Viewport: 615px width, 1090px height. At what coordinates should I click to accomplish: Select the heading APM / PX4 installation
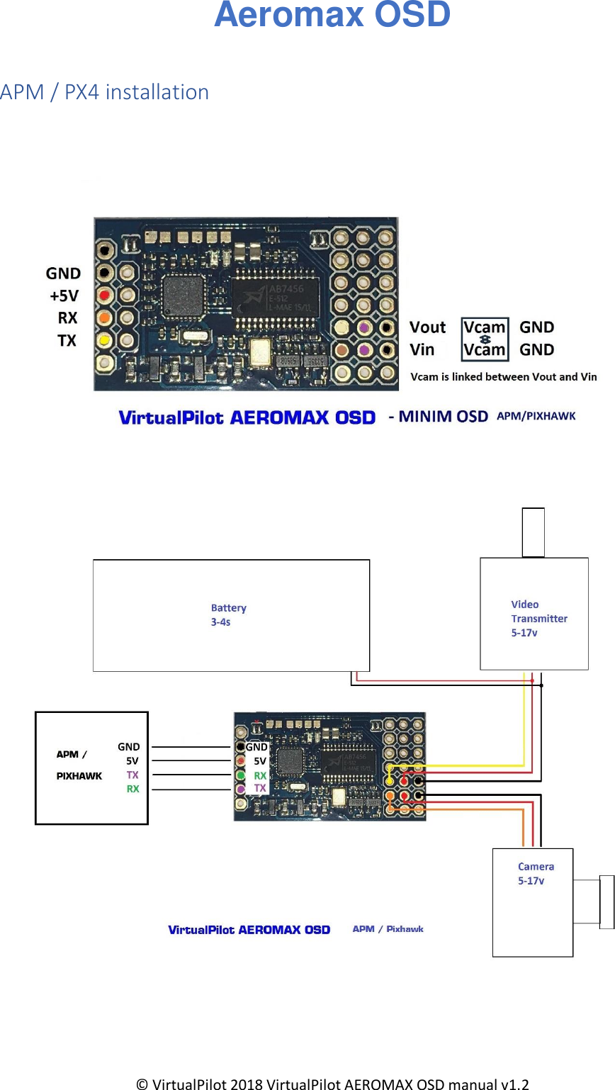pyautogui.click(x=104, y=92)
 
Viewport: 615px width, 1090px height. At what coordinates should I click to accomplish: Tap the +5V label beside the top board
pyautogui.click(x=64, y=296)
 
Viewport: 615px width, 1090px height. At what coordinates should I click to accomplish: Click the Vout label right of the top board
pyautogui.click(x=427, y=327)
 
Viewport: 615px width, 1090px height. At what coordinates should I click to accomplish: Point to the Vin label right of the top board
pyautogui.click(x=422, y=349)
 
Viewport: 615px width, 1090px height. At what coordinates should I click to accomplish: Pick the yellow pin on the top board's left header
pyautogui.click(x=105, y=340)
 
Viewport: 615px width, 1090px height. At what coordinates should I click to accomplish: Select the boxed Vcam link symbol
pyautogui.click(x=485, y=339)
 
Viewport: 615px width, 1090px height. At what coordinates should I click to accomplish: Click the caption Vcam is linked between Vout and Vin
pyautogui.click(x=504, y=377)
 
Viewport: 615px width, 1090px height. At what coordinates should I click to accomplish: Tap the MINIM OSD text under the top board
pyautogui.click(x=442, y=417)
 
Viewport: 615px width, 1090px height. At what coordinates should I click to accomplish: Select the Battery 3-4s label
pyautogui.click(x=228, y=614)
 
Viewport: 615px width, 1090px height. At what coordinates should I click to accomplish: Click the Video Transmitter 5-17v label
pyautogui.click(x=538, y=618)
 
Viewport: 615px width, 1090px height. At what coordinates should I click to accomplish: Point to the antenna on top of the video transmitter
pyautogui.click(x=533, y=532)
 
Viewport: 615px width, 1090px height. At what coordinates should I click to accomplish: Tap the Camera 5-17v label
pyautogui.click(x=535, y=873)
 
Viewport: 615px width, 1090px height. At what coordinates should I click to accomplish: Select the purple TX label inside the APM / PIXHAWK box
pyautogui.click(x=132, y=775)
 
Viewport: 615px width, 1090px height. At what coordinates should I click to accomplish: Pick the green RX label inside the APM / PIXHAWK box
pyautogui.click(x=132, y=789)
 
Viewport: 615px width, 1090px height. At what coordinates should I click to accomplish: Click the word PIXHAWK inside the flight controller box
pyautogui.click(x=79, y=776)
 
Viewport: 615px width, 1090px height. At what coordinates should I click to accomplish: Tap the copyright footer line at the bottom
pyautogui.click(x=332, y=1084)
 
